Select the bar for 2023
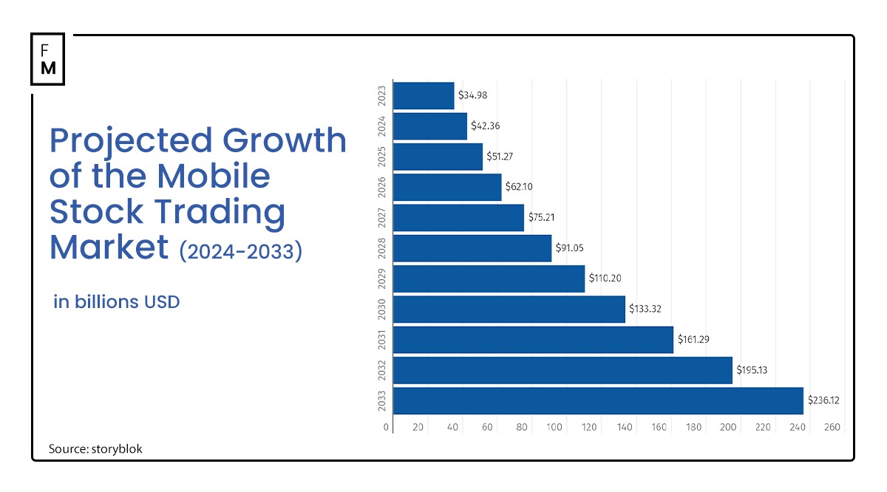[424, 95]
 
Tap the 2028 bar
[472, 248]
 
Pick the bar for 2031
[533, 340]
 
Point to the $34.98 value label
[473, 95]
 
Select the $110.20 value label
[605, 279]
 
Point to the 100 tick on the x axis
[554, 427]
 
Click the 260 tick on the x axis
[832, 427]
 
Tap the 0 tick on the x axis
[386, 427]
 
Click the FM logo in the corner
[47, 58]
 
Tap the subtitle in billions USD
[117, 302]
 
